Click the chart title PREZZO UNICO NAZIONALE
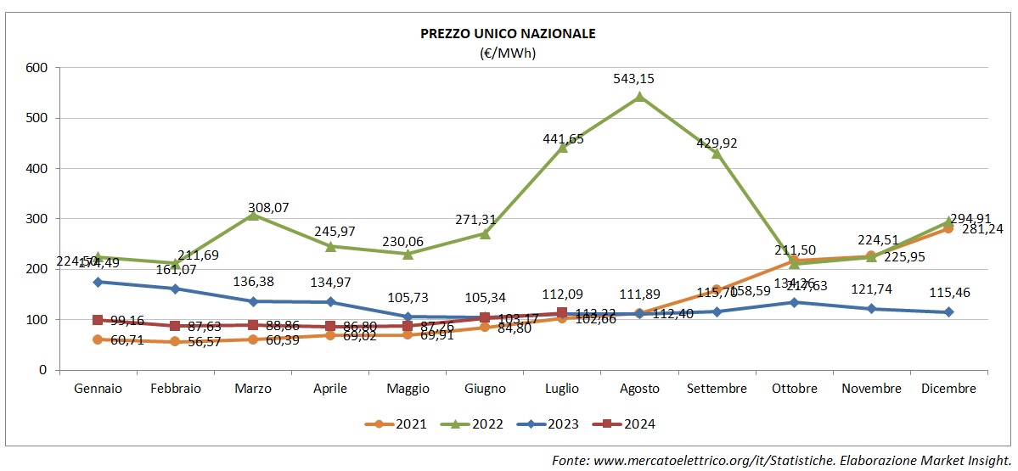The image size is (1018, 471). pyautogui.click(x=509, y=34)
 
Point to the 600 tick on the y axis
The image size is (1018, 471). pyautogui.click(x=37, y=67)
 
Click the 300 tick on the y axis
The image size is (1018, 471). pyautogui.click(x=37, y=219)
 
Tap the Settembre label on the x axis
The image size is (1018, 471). pyautogui.click(x=717, y=389)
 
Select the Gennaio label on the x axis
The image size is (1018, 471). pyautogui.click(x=98, y=389)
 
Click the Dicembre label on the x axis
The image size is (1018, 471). pyautogui.click(x=949, y=389)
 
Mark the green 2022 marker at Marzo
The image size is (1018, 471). pyautogui.click(x=253, y=215)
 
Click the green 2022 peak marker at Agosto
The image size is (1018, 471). pyautogui.click(x=639, y=96)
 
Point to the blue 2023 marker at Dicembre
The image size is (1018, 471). pyautogui.click(x=949, y=312)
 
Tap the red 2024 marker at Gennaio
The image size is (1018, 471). pyautogui.click(x=98, y=320)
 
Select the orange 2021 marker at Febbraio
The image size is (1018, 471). pyautogui.click(x=175, y=341)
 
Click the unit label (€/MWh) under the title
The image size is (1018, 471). pyautogui.click(x=509, y=53)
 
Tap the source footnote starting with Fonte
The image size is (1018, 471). pyautogui.click(x=781, y=459)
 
